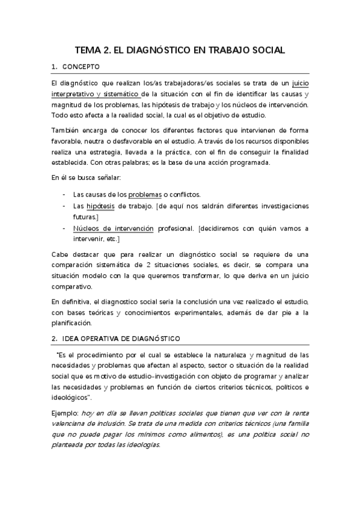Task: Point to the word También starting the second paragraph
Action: (66, 131)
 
